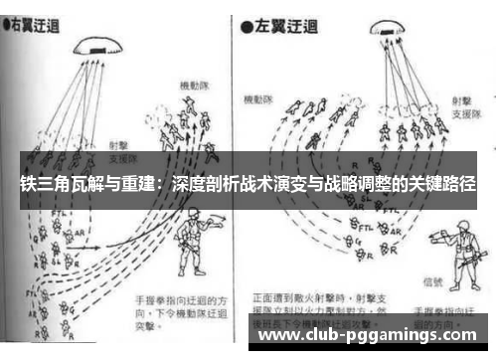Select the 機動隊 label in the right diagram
[x=260, y=99]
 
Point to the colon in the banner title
[x=161, y=186]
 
